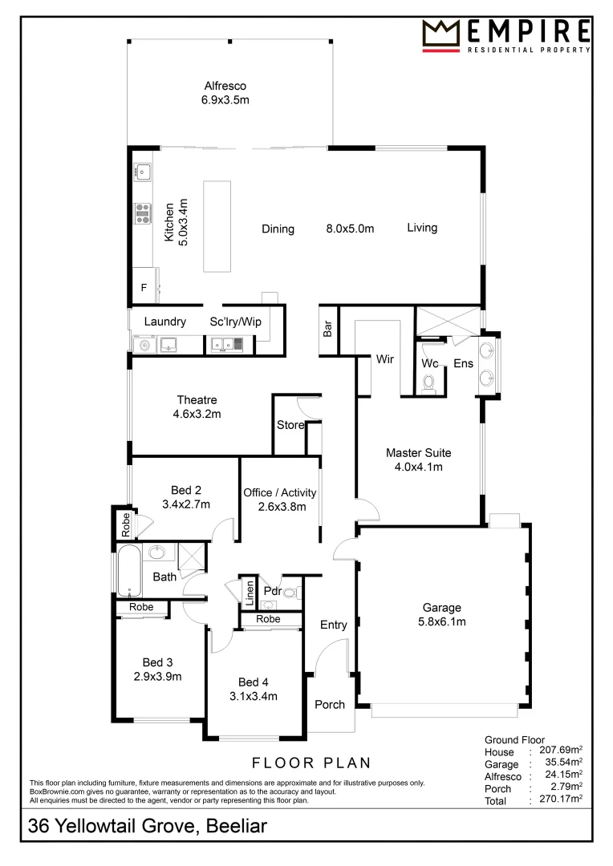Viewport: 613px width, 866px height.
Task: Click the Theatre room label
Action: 197,400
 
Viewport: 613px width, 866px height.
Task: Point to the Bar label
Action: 328,330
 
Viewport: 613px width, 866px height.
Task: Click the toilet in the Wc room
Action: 428,382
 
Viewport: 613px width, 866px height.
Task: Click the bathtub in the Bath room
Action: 129,569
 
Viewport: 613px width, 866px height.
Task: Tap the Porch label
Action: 329,704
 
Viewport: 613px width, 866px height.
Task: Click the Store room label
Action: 290,425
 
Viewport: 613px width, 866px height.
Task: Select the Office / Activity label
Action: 279,492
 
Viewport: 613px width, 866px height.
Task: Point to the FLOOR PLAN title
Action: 311,763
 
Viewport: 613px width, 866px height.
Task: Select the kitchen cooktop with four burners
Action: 143,212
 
